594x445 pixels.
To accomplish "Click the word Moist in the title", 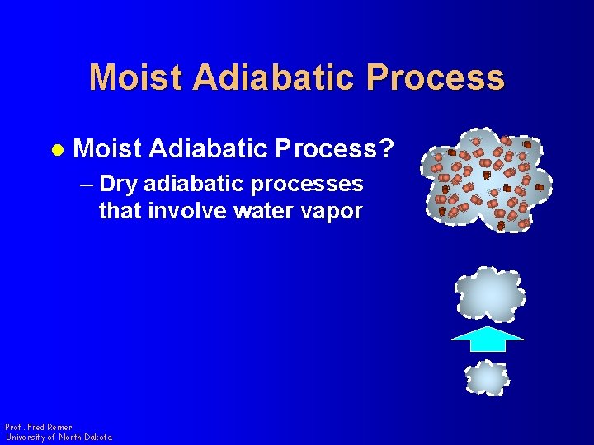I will pyautogui.click(x=135, y=77).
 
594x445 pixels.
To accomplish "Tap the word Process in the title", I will pyautogui.click(x=437, y=77).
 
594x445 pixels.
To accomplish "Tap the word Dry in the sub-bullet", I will pyautogui.click(x=120, y=183).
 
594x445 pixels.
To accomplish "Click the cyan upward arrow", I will pyautogui.click(x=488, y=339).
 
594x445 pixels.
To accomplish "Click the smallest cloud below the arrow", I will pyautogui.click(x=487, y=378).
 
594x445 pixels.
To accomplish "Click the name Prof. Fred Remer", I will pyautogui.click(x=38, y=427).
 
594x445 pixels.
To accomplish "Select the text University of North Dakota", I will pyautogui.click(x=59, y=437).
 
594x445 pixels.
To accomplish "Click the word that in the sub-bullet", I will pyautogui.click(x=120, y=211).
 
